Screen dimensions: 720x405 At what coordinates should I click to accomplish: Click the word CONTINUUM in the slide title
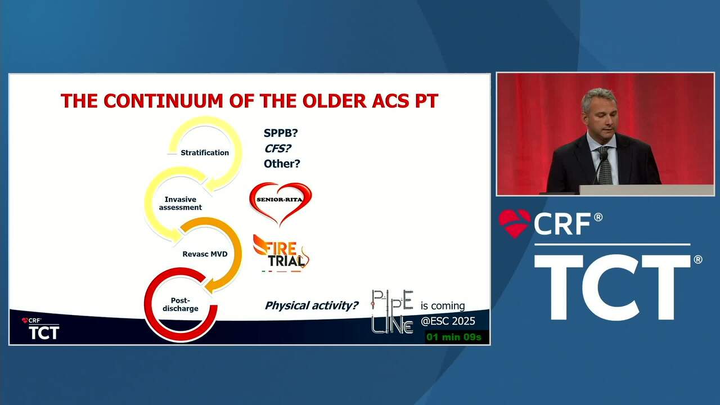(164, 101)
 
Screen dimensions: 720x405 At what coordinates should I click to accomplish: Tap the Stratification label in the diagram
(205, 152)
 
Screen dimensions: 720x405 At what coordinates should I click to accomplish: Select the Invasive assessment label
(181, 204)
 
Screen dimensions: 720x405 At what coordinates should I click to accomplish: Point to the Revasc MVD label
(205, 254)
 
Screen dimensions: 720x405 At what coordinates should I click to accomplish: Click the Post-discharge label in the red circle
(181, 304)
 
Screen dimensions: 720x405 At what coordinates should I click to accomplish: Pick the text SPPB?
(281, 133)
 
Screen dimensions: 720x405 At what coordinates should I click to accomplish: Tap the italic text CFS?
(278, 148)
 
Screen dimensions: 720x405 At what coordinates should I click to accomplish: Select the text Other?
(282, 164)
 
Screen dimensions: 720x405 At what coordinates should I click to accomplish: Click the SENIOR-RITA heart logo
(280, 203)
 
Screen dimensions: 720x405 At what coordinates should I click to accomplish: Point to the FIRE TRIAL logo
(281, 254)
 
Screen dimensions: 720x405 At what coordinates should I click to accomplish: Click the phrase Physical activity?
(311, 305)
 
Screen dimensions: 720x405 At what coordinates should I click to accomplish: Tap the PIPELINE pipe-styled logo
(392, 312)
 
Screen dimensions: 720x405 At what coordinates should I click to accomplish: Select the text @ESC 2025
(448, 321)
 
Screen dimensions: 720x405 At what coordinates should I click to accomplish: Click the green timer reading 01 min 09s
(454, 337)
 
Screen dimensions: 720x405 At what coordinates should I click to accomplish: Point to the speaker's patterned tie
(605, 166)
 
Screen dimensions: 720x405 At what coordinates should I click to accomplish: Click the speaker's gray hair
(599, 97)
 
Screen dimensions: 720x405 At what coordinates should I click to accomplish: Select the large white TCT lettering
(613, 287)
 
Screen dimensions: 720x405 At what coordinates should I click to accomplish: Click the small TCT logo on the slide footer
(44, 332)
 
